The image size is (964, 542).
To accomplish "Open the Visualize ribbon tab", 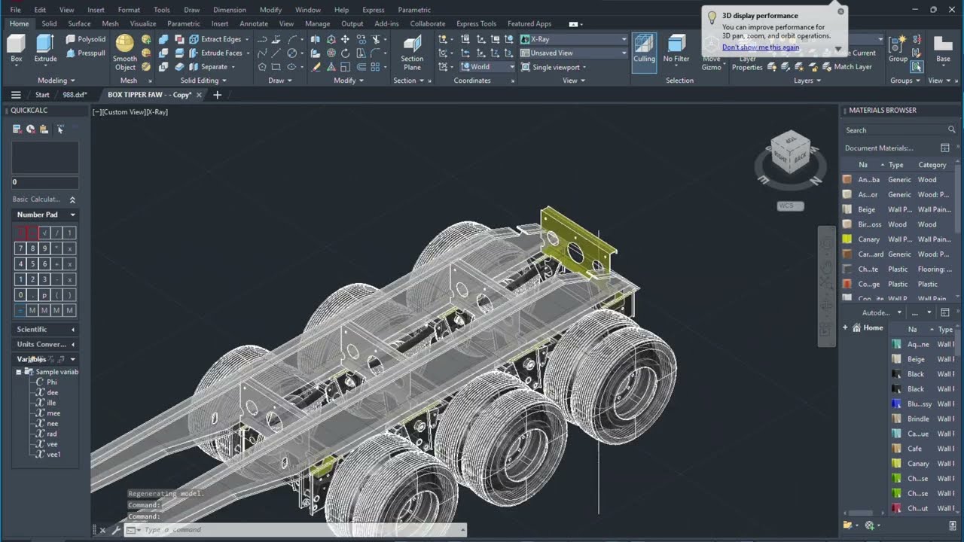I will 142,23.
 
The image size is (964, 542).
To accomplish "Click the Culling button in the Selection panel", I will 644,51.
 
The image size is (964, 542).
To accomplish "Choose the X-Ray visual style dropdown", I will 573,38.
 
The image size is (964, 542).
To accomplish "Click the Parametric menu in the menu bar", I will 413,10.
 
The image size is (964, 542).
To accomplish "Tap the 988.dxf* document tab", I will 75,95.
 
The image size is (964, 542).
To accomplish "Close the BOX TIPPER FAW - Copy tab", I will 200,95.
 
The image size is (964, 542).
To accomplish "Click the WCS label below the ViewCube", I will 790,206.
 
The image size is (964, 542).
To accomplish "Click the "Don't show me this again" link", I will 760,47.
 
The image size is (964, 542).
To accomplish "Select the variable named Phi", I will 51,382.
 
